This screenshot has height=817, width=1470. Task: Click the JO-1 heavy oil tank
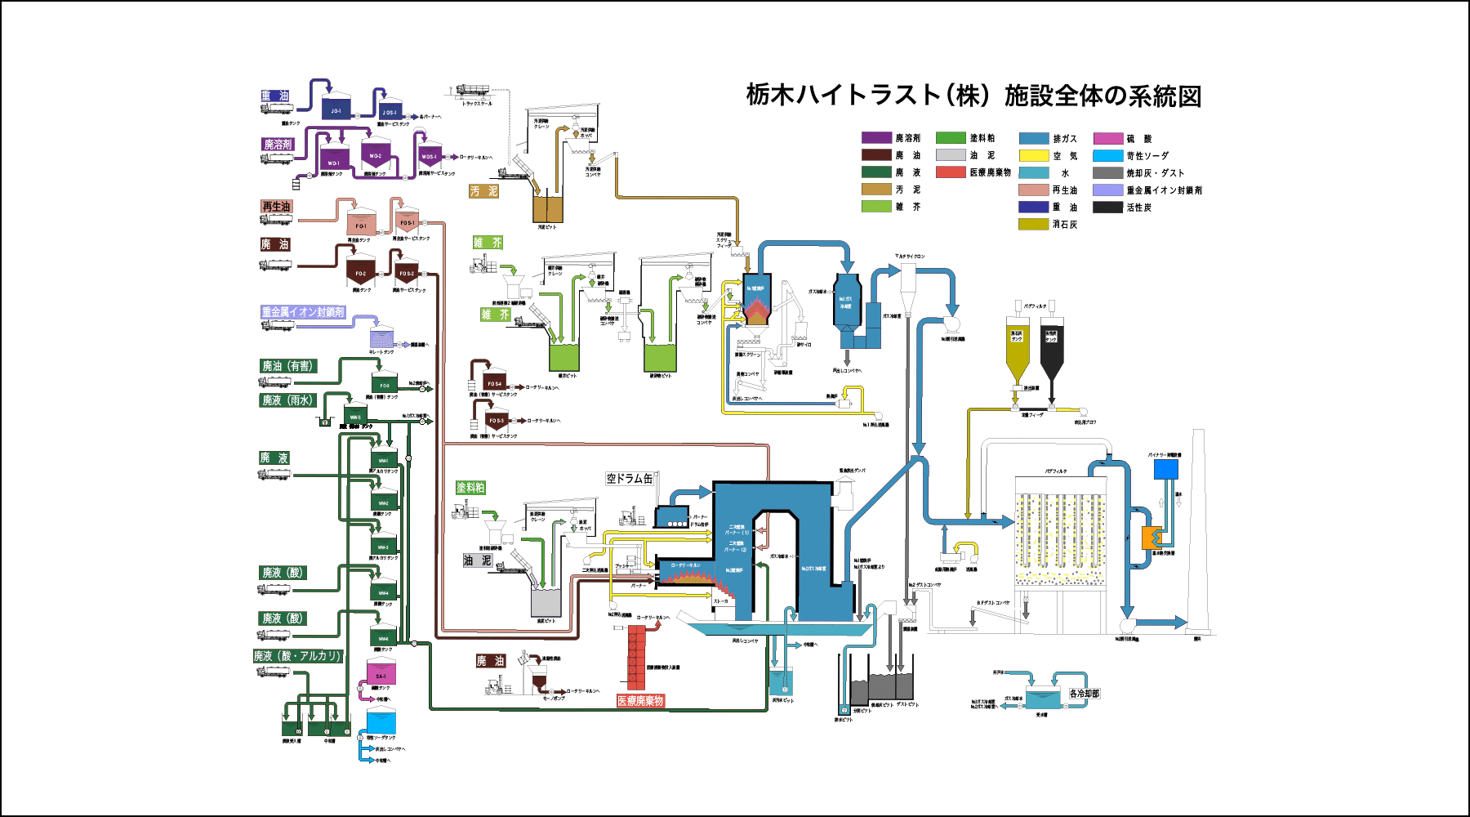coord(336,108)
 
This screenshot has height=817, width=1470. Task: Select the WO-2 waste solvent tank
coord(375,154)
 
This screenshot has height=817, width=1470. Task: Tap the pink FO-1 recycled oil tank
coord(360,222)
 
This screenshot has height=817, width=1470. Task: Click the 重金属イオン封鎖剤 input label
coord(303,312)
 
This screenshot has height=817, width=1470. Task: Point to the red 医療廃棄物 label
coord(640,701)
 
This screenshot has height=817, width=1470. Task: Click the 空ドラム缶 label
coord(630,479)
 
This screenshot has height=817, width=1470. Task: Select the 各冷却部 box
coord(1085,694)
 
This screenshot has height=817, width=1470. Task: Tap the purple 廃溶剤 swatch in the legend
coord(876,138)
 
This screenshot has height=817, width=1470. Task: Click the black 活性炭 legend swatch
coord(1107,208)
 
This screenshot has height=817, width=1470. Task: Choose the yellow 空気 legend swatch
coord(1033,155)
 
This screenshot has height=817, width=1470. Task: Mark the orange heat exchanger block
coord(1151,538)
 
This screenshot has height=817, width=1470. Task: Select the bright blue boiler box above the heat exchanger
coord(1165,469)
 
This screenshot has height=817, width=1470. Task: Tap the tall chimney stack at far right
coord(1198,531)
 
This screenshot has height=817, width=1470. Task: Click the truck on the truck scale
coord(473,91)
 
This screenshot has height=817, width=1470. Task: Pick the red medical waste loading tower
coord(637,656)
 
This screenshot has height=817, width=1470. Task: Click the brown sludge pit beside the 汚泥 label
coord(548,208)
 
